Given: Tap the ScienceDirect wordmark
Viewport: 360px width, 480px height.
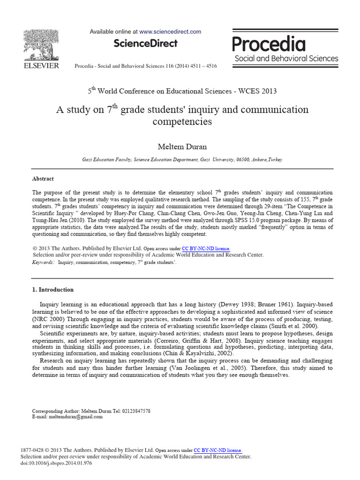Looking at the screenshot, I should [x=146, y=44].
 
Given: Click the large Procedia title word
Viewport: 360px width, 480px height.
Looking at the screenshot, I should [x=269, y=44].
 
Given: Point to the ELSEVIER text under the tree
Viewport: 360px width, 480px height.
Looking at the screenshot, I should [x=42, y=66].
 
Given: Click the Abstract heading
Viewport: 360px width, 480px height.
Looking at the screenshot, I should [x=43, y=179].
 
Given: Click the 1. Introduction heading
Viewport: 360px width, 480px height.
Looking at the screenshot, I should [x=52, y=290].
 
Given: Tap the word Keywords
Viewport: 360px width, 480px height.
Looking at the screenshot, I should [x=43, y=263].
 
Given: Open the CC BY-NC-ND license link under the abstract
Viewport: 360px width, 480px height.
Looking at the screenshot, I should [x=206, y=248].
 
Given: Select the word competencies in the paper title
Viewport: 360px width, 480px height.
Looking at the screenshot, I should [x=182, y=122].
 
